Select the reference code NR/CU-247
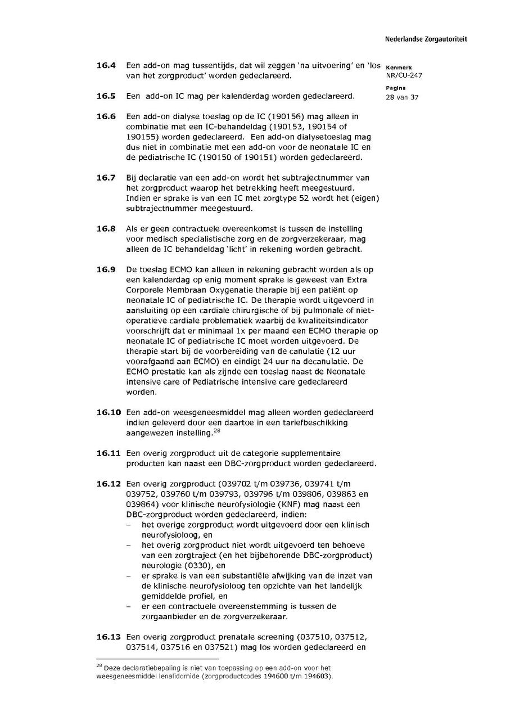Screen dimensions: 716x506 pyautogui.click(x=404, y=75)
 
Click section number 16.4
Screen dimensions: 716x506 pyautogui.click(x=106, y=66)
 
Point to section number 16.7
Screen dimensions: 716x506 pyautogui.click(x=106, y=178)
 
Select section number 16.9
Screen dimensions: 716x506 pyautogui.click(x=106, y=269)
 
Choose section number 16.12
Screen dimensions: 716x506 pyautogui.click(x=109, y=484)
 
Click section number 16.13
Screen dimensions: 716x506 pyautogui.click(x=109, y=637)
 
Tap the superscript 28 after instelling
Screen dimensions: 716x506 pyautogui.click(x=216, y=430)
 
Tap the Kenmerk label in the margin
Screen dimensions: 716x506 pyautogui.click(x=399, y=67)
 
